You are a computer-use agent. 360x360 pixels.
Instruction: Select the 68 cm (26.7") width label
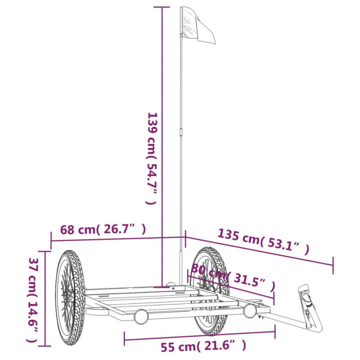103,229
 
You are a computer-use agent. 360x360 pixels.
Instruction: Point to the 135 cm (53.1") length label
263,242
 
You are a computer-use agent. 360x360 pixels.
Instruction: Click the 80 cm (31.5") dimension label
233,277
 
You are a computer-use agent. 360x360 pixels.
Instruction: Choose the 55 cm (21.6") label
203,346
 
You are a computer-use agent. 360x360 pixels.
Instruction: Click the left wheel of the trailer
70,298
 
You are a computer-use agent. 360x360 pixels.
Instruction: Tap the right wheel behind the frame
210,291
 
